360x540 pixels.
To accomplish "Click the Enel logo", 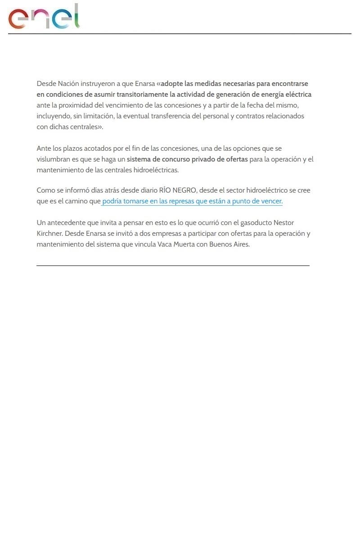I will pos(44,17).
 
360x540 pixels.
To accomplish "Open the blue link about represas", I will pos(192,201).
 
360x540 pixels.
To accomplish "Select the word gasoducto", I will pos(246,223).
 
